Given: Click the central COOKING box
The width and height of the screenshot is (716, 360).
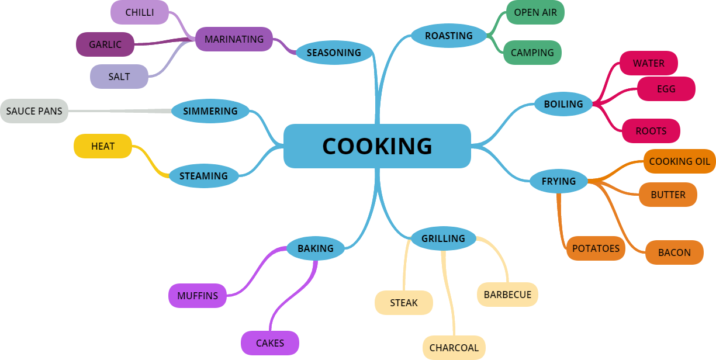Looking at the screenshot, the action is pos(377,146).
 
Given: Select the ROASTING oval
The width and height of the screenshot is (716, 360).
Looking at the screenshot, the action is pos(448,36).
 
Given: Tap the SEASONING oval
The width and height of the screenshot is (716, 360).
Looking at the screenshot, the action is pos(334,53).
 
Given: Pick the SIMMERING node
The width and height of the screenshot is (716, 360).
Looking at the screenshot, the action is pos(210,111).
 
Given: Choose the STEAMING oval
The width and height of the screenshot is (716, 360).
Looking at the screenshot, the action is pos(203,176).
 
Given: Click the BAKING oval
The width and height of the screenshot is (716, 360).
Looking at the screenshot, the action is pos(316,248).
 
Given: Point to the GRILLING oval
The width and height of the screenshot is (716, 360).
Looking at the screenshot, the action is pos(443,238).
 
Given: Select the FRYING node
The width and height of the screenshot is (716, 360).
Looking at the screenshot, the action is pos(558,181).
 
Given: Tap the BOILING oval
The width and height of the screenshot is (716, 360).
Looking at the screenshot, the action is pos(563,104).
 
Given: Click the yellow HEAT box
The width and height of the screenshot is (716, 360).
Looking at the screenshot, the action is pos(103,146).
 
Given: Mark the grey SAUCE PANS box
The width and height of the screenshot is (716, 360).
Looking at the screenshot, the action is pos(34,111).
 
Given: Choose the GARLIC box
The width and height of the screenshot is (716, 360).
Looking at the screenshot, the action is pos(105,44).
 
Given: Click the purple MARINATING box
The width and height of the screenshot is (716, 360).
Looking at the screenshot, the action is pos(234,39).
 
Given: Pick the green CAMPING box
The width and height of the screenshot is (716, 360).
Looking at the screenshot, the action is pos(532,53).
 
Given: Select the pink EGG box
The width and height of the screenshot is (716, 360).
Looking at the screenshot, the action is pos(666,89).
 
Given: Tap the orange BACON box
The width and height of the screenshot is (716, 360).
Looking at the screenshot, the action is pos(674,252).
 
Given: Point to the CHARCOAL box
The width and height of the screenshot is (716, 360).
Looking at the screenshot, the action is pos(454,348).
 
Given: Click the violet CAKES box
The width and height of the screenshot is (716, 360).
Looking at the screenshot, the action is pos(270,343).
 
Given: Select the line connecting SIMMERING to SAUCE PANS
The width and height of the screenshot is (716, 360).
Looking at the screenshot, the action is pos(120,111).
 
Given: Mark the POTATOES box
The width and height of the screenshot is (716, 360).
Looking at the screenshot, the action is pos(596,248).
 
